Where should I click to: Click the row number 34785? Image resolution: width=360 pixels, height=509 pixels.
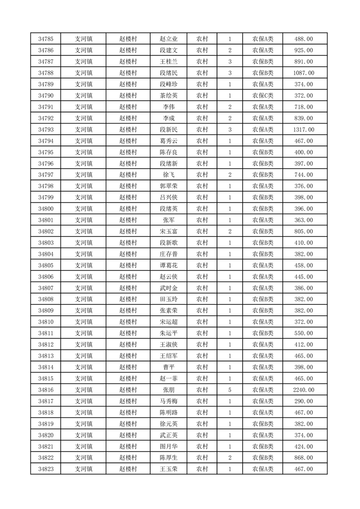tap(46, 39)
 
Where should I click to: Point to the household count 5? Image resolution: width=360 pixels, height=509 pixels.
tap(230, 390)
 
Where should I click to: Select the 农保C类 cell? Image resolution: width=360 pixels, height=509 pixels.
tap(263, 96)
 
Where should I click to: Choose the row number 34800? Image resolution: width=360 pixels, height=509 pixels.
tap(46, 209)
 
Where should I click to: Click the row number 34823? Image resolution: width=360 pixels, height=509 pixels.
tap(46, 469)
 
